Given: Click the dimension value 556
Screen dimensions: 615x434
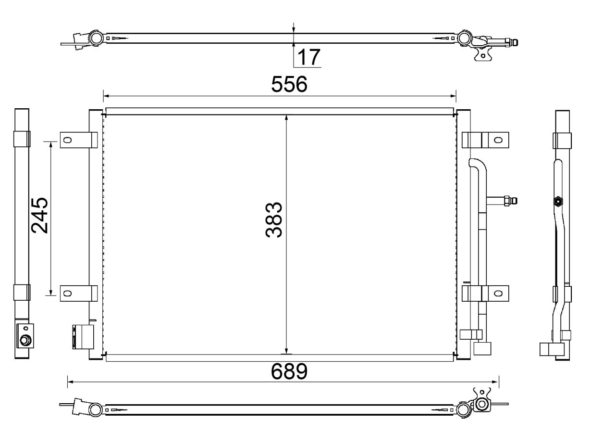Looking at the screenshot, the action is [289, 84].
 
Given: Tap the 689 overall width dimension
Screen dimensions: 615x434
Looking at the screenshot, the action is [289, 371].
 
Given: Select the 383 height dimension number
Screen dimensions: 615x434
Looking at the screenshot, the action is [274, 220].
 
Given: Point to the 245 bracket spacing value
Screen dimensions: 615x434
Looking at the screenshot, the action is [40, 216].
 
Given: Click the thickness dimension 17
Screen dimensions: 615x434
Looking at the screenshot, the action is [309, 57].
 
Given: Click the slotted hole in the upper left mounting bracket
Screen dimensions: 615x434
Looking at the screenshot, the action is [67, 140].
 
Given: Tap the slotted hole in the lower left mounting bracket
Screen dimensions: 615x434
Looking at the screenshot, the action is [67, 294].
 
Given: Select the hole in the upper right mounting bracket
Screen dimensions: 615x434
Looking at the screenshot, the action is [498, 140].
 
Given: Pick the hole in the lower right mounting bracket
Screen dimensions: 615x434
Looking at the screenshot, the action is [498, 294].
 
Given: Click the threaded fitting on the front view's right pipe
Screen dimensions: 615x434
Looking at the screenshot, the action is [510, 201].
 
